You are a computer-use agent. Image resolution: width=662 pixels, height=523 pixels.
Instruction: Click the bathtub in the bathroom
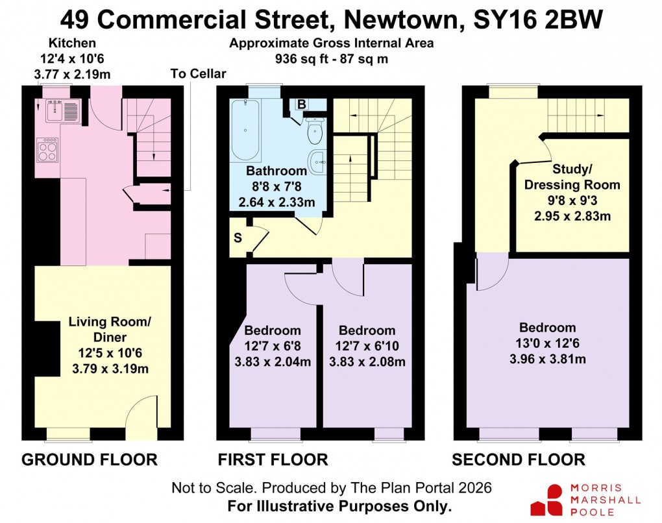(245, 130)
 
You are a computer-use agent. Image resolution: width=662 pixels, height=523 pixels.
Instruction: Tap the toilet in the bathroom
(315, 132)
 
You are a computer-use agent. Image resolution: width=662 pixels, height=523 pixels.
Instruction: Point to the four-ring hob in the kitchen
(48, 151)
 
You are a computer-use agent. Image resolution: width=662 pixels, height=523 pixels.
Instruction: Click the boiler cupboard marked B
(302, 104)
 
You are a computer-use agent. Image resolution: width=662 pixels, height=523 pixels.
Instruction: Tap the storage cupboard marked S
(238, 237)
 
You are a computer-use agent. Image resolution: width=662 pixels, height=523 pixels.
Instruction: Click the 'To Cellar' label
(198, 73)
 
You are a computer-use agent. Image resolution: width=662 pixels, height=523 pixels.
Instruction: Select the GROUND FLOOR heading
(90, 460)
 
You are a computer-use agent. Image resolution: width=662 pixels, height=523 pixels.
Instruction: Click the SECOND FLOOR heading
(519, 460)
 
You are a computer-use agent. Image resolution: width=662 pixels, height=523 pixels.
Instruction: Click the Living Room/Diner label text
(98, 329)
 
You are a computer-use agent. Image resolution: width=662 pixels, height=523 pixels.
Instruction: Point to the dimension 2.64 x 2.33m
(276, 202)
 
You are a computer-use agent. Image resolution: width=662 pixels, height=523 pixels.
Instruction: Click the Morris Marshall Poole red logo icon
(545, 500)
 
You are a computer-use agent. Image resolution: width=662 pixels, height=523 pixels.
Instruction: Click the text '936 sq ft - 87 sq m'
(331, 60)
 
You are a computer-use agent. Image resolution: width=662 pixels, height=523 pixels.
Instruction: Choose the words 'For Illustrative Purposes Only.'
(339, 505)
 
